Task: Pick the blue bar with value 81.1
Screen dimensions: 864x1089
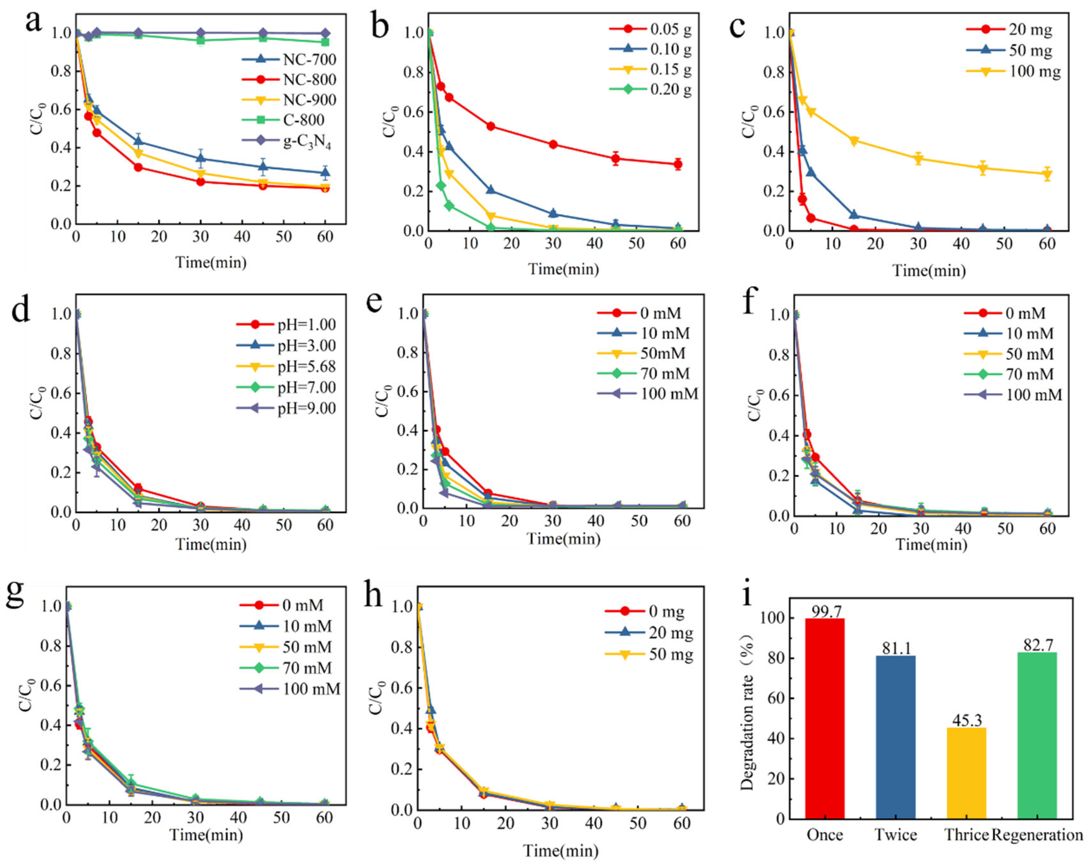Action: (x=895, y=737)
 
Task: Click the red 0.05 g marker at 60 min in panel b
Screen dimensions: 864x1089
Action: (x=677, y=164)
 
